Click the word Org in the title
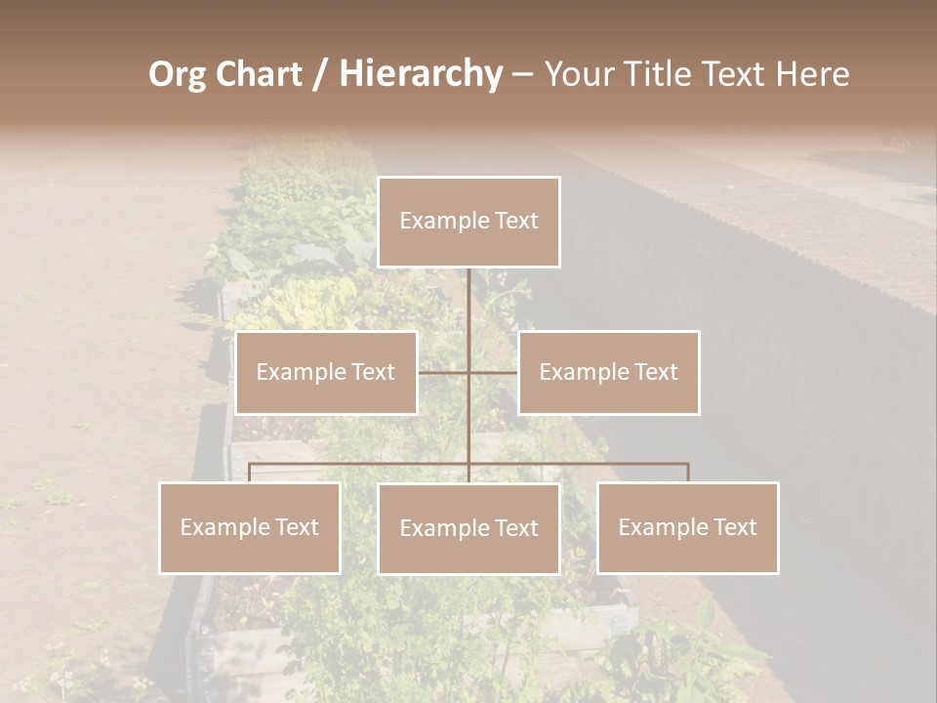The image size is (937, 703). tap(177, 74)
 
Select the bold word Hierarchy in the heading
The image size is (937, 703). tap(421, 74)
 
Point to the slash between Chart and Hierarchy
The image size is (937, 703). tap(320, 74)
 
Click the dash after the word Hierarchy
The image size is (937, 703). tap(521, 74)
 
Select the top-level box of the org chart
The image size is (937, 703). tap(468, 222)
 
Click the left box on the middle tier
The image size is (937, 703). tap(326, 373)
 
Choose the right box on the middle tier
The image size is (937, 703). tap(608, 373)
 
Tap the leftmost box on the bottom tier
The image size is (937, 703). tap(250, 528)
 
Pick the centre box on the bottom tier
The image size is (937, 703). tap(468, 528)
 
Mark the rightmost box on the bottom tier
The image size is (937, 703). tap(688, 528)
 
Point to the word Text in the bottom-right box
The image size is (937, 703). tap(734, 527)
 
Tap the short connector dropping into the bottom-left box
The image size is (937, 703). tap(250, 473)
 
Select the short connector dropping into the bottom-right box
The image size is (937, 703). tap(688, 473)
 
